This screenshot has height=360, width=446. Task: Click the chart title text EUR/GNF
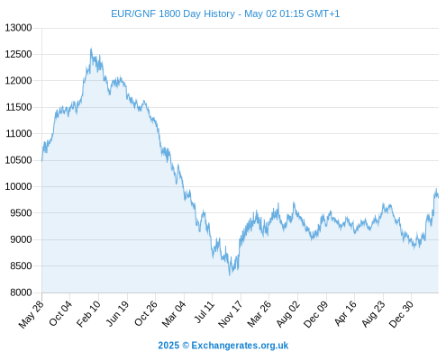[x=133, y=13]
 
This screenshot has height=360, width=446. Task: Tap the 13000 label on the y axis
[x=18, y=28]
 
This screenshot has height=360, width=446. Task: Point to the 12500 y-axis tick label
[x=18, y=54]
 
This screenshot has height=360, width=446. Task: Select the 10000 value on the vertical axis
[x=18, y=186]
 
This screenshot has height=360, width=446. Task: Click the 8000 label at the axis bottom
[x=21, y=292]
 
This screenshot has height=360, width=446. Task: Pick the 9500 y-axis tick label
[x=21, y=213]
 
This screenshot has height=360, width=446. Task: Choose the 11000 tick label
[x=18, y=133]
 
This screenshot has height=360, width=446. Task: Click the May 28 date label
[x=32, y=314]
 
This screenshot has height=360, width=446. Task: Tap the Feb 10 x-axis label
[x=88, y=314]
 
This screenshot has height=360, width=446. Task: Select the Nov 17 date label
[x=231, y=314]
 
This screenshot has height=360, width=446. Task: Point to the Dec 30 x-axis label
[x=401, y=314]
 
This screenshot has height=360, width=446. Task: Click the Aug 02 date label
[x=288, y=314]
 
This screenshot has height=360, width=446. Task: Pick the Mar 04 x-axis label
[x=174, y=314]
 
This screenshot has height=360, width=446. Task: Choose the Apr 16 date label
[x=345, y=313]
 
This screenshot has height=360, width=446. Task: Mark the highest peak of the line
[x=91, y=48]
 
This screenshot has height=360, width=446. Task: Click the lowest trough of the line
[x=230, y=274]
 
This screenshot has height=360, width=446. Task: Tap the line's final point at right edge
[x=438, y=197]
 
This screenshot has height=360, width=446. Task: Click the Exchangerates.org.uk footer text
[x=240, y=346]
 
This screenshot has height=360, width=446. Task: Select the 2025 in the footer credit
[x=168, y=346]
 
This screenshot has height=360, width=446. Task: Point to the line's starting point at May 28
[x=42, y=161]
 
